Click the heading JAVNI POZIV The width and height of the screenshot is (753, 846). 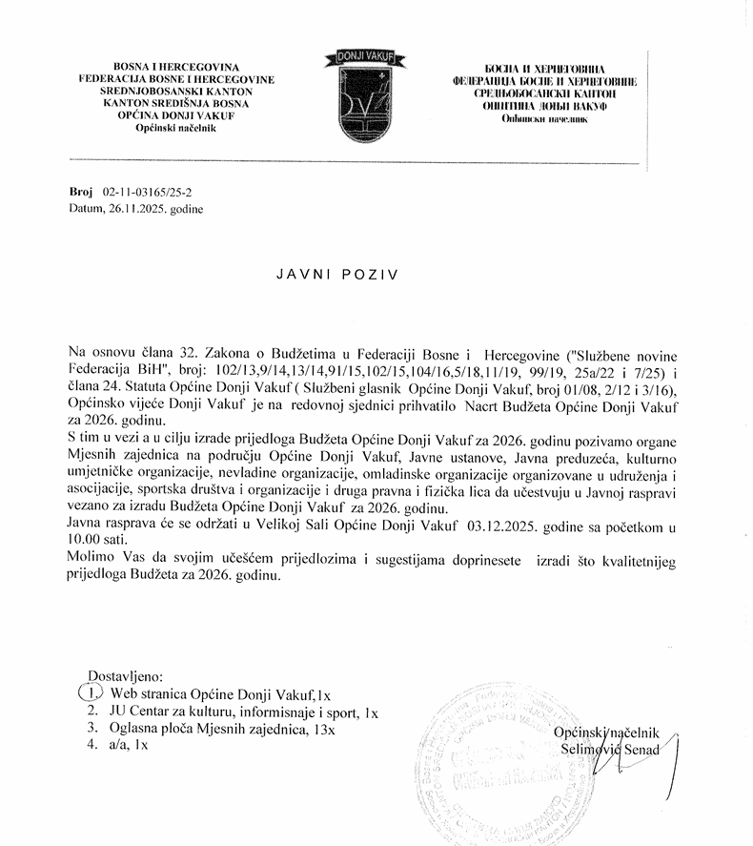336,272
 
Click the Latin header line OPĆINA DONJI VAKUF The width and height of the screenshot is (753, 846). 176,116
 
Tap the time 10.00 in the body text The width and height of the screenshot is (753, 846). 85,540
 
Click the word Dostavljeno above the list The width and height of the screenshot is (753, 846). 126,676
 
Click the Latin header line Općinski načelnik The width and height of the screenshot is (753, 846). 176,128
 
